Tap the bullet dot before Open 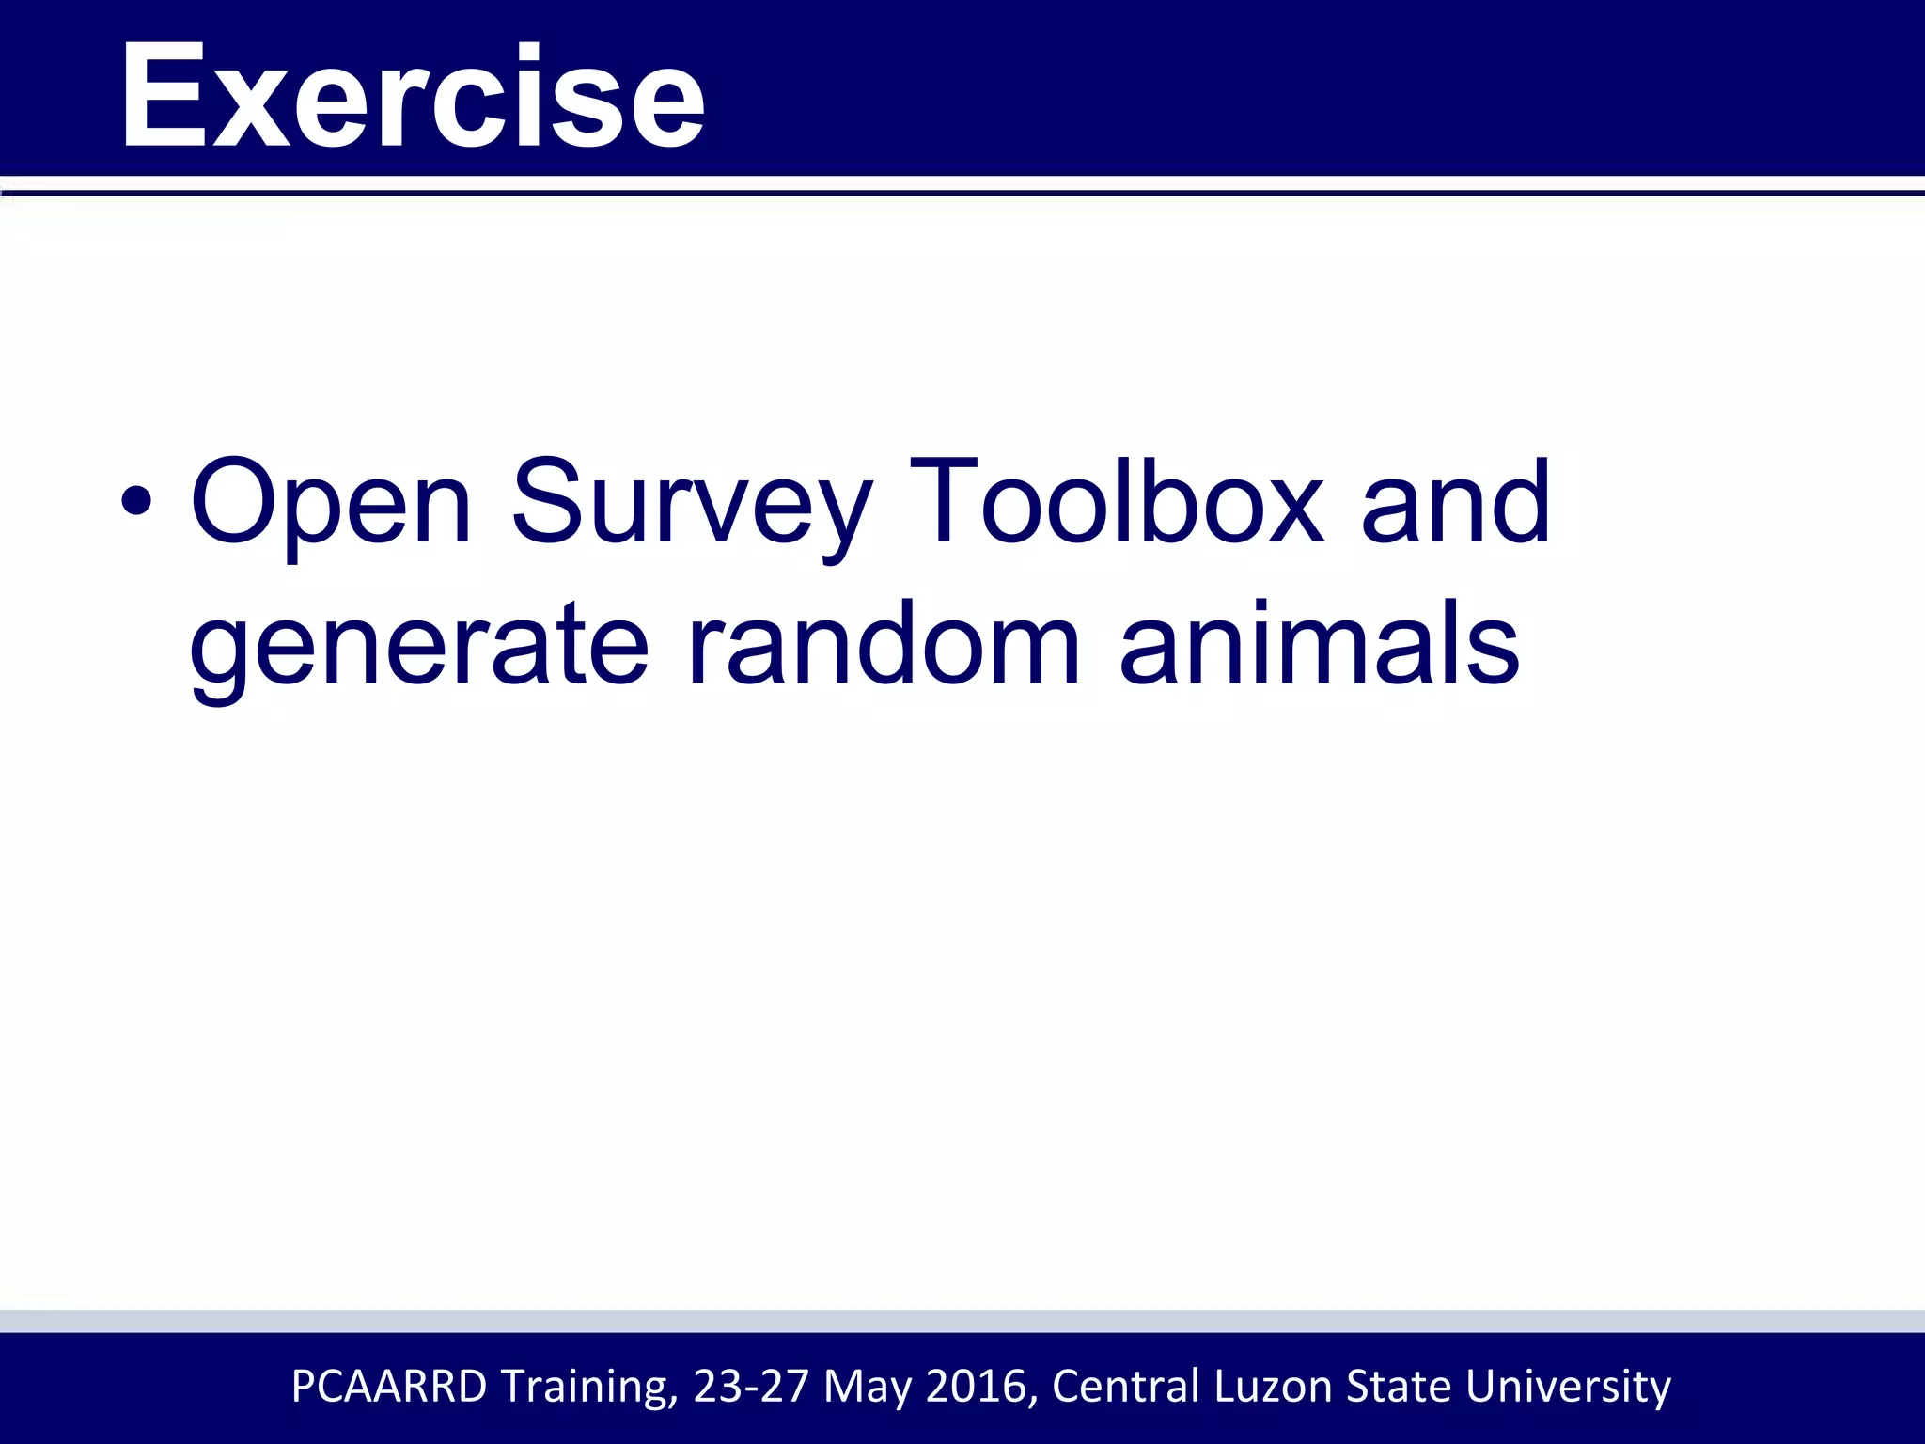[x=135, y=500]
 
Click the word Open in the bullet [x=330, y=502]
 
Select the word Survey [x=691, y=502]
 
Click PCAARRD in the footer [x=389, y=1387]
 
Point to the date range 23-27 [x=751, y=1387]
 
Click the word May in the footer [x=867, y=1387]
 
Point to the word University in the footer [x=1568, y=1387]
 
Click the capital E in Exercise [x=163, y=95]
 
